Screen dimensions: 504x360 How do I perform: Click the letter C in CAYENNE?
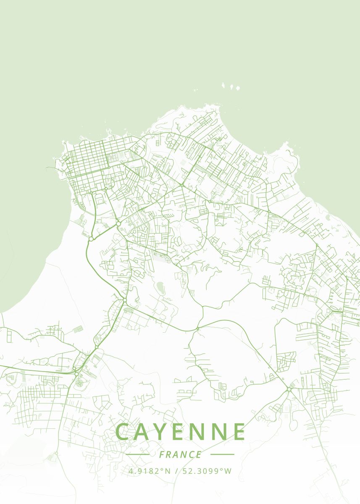coord(124,432)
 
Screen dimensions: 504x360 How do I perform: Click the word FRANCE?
coord(180,454)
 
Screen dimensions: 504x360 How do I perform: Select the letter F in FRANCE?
coord(162,454)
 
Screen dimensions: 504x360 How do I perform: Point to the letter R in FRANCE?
coord(169,454)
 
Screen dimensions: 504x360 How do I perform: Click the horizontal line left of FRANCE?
coord(137,454)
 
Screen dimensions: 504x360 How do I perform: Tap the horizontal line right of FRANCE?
coord(222,454)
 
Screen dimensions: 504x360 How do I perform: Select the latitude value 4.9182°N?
coord(150,471)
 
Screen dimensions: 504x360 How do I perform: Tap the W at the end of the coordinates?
coord(228,471)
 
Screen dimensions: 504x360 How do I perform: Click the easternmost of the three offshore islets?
coord(237,89)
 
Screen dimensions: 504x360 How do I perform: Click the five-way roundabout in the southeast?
coord(289,390)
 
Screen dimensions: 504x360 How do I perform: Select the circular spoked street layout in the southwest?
coord(79,383)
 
